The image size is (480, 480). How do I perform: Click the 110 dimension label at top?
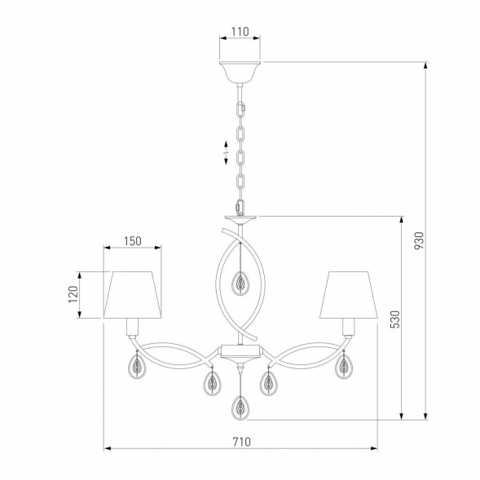(240, 32)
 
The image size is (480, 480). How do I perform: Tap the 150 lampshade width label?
(133, 241)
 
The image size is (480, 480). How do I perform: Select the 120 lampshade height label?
(73, 294)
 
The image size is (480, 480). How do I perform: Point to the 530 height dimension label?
(395, 319)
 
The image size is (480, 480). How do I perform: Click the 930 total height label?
(419, 240)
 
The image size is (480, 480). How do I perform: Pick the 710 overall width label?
(241, 442)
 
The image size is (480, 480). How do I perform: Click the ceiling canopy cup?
(240, 73)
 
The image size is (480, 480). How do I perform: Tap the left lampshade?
(133, 294)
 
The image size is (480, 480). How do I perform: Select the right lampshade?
(349, 294)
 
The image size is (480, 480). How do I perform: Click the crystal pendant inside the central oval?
(240, 283)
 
